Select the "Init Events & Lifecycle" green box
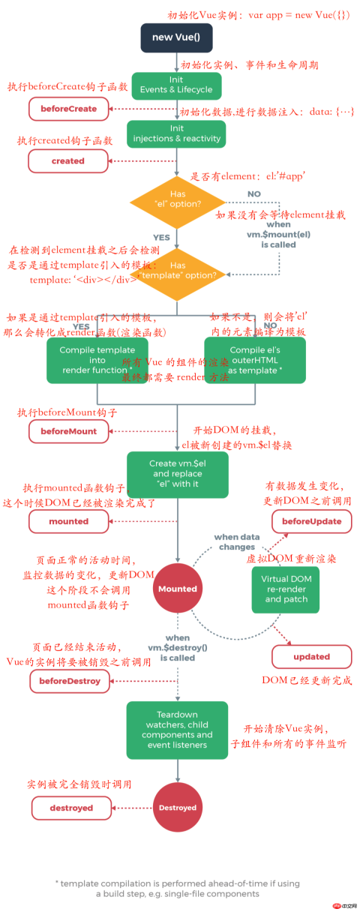176,85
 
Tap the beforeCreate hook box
69,109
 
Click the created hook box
68,160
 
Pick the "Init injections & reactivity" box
176,134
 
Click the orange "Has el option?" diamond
177,199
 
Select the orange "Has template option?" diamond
177,271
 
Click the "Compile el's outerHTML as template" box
254,360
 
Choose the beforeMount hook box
68,431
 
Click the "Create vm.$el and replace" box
177,473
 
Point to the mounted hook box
68,521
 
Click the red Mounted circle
177,589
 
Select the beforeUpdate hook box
311,521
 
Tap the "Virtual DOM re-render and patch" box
286,589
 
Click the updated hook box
311,656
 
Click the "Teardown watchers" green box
177,730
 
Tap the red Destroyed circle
177,808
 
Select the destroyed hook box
71,808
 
